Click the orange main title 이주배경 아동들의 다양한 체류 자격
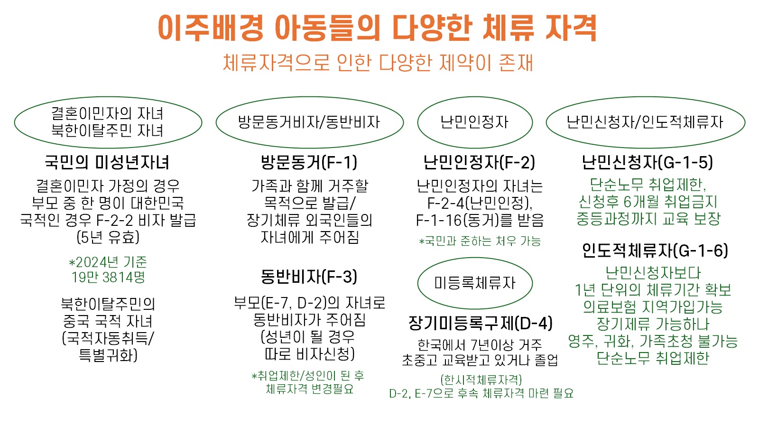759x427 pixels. (377, 28)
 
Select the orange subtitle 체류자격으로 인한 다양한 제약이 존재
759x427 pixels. (378, 63)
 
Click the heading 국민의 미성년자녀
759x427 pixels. (107, 162)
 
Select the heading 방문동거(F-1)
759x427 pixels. (309, 162)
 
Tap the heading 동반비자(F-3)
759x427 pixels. (309, 277)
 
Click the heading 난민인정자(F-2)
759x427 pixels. (479, 162)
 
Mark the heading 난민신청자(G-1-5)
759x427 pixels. (647, 162)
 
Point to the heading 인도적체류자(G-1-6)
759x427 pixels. (655, 251)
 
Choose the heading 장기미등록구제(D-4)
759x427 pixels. (481, 323)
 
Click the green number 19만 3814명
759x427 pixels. (108, 277)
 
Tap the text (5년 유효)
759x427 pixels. (108, 237)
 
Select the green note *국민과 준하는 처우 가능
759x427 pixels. (480, 241)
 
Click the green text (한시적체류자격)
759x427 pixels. (481, 380)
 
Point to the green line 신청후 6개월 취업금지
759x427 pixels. (648, 202)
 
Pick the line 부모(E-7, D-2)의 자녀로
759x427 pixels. (309, 303)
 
